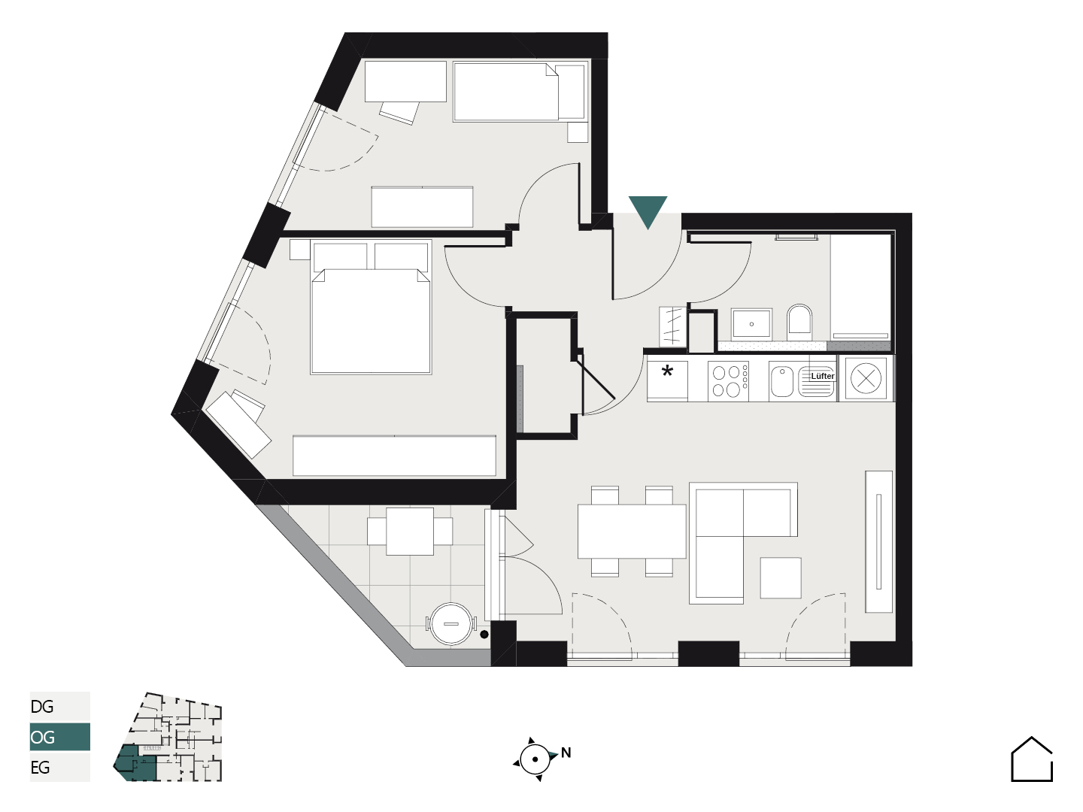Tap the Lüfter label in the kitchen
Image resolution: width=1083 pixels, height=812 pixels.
coord(823,376)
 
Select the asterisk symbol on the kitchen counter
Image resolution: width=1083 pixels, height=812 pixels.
coord(667,371)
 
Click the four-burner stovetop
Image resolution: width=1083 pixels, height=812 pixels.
coord(728,380)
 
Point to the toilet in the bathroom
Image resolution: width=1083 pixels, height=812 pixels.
coord(799,322)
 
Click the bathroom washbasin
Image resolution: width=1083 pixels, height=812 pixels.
coord(751,324)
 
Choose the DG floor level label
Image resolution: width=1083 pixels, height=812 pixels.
coord(42,707)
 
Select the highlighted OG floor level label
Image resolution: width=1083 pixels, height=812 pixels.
coord(43,737)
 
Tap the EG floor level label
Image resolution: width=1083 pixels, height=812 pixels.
coord(41,767)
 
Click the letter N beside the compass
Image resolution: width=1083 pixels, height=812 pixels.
coord(566,753)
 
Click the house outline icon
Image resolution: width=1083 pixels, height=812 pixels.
coord(1032,759)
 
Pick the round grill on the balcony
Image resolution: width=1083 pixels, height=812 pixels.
coord(451,624)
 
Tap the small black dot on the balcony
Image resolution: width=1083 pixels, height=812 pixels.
coord(484,635)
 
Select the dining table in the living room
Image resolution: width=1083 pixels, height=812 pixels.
coord(632,531)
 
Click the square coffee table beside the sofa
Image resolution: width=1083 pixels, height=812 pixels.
coord(781,578)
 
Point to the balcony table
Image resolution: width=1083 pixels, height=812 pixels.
coord(410,532)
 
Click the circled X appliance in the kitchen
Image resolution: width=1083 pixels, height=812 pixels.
coord(866,379)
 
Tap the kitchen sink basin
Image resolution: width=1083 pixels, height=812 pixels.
coord(781,381)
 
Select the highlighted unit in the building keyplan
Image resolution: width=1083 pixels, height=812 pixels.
coord(134,763)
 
